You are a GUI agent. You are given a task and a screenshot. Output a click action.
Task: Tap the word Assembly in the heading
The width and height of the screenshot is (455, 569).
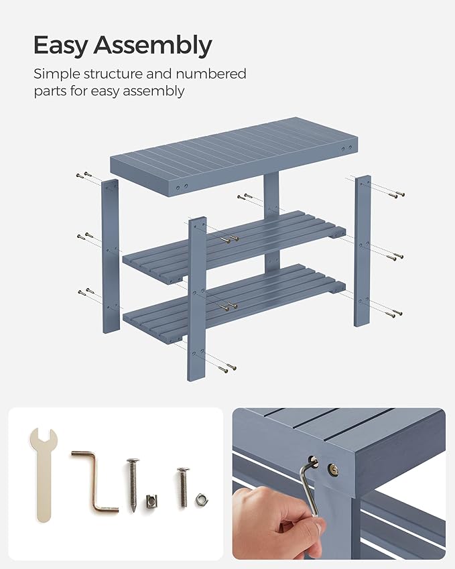[x=152, y=47]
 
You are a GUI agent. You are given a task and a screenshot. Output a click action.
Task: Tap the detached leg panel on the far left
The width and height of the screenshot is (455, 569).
[x=111, y=255]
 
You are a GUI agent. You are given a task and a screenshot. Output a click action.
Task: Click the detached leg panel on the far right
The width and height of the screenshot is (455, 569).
[x=363, y=250]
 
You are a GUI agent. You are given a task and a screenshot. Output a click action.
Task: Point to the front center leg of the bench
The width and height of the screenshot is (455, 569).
[x=197, y=298]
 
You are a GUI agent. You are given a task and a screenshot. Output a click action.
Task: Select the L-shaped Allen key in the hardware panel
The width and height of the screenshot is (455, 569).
[x=93, y=483]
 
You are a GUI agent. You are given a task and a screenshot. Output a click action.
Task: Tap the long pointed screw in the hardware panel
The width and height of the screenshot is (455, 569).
[x=133, y=484]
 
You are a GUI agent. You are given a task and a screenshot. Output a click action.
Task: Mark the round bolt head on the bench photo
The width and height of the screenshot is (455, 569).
[x=332, y=470]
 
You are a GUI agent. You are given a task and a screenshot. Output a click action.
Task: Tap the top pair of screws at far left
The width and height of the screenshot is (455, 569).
[x=84, y=176]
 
